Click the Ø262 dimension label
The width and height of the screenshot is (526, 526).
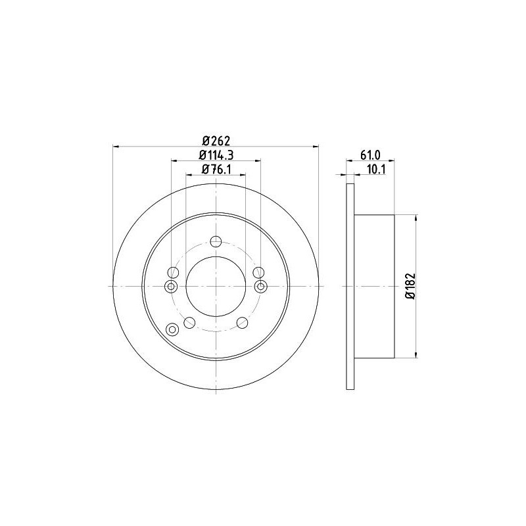coord(217,141)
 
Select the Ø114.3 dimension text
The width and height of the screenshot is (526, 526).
coord(216,155)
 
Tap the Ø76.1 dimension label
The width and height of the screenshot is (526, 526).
coord(217,170)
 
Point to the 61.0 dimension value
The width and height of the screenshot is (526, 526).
coord(370,155)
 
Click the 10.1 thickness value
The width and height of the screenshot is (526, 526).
coord(377,170)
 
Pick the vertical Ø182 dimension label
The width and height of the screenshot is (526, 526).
coord(410,286)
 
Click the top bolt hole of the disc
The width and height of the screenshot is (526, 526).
coord(216,241)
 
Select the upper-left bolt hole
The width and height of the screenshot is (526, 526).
coord(173,272)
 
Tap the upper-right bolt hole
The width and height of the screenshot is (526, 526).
coord(258,272)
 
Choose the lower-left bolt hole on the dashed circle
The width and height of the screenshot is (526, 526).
coord(189,323)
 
